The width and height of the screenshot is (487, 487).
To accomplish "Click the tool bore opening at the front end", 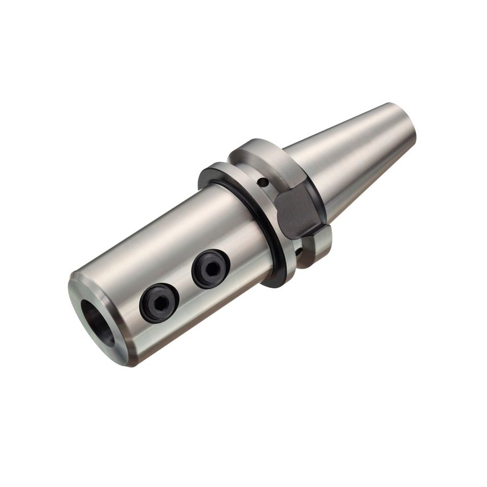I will click(x=97, y=322).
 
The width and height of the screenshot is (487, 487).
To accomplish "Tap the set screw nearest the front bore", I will click(x=159, y=302).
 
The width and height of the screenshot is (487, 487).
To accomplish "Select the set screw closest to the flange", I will click(x=210, y=269).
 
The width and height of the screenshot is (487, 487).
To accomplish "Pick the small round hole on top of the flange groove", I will click(x=263, y=182).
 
